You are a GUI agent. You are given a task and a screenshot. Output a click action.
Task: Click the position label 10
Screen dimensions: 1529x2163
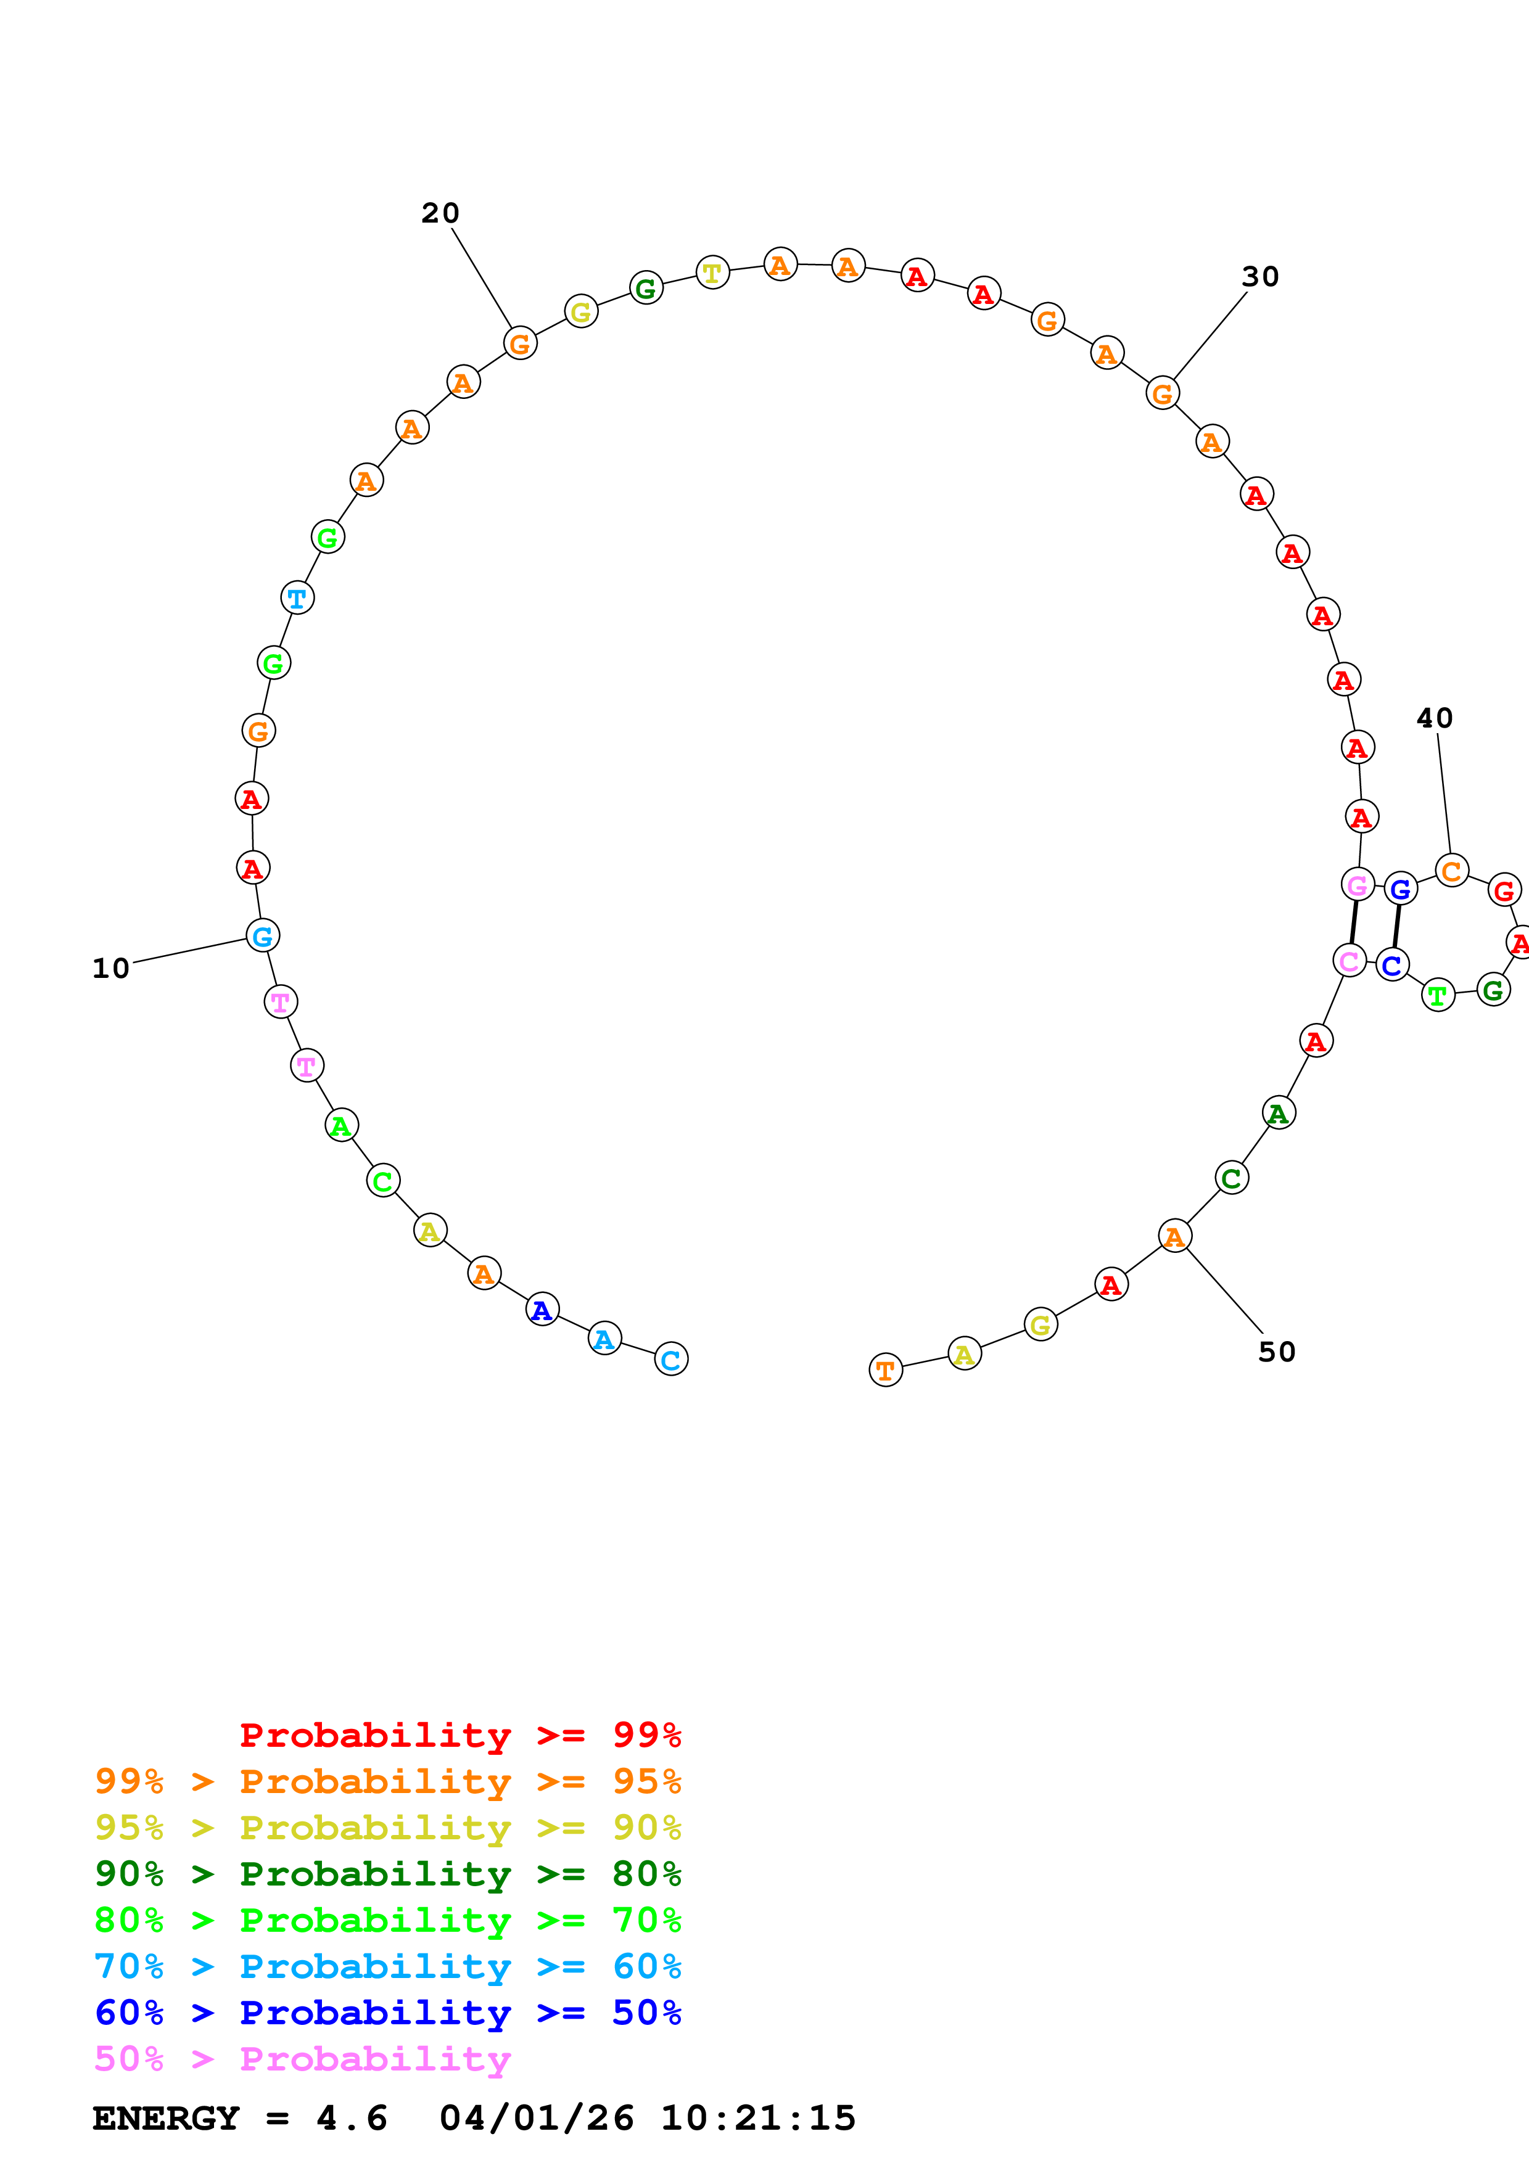tap(110, 969)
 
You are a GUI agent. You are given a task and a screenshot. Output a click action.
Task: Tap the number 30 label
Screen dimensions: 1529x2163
tap(1261, 277)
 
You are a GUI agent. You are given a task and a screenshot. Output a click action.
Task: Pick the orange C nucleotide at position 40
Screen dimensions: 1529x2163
tap(1452, 871)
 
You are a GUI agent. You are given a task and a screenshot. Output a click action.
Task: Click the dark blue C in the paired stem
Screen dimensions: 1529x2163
tap(1391, 965)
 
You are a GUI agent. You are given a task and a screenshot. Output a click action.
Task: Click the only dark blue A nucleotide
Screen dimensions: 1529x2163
tap(542, 1310)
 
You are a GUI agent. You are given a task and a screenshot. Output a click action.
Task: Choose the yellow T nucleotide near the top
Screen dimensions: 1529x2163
tap(712, 273)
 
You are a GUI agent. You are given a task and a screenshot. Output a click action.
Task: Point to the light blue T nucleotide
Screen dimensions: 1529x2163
tap(297, 597)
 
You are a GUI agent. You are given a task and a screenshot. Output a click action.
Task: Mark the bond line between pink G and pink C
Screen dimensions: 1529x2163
tap(1354, 923)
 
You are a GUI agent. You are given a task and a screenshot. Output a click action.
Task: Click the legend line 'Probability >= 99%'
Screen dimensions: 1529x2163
tap(461, 1734)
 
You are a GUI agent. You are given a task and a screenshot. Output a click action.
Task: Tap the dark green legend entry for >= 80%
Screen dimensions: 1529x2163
tap(388, 1874)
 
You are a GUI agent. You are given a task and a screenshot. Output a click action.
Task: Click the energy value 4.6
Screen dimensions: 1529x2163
tap(352, 2118)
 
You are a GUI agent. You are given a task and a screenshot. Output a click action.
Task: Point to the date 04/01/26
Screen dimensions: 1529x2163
tap(537, 2118)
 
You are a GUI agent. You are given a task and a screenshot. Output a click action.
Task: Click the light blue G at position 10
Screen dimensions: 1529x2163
tap(263, 935)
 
